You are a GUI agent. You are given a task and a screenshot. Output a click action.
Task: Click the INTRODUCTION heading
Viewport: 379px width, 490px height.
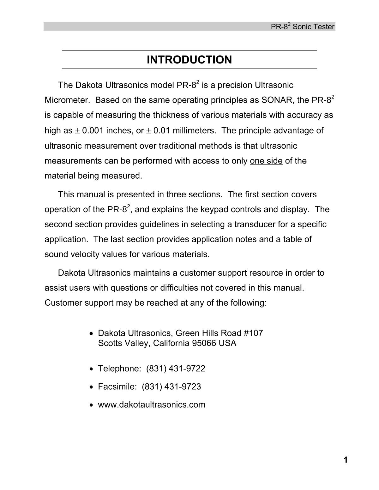[x=189, y=60]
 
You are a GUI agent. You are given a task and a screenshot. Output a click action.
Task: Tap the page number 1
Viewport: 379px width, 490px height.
[x=345, y=460]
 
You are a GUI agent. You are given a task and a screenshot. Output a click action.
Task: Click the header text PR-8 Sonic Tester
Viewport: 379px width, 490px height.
[x=302, y=27]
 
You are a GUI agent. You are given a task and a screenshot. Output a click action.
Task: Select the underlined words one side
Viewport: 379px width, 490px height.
[x=266, y=161]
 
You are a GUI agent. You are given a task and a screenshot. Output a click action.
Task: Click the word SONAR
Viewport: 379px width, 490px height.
[x=277, y=100]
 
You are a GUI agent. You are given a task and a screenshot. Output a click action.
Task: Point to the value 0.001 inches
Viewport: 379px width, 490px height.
[x=104, y=131]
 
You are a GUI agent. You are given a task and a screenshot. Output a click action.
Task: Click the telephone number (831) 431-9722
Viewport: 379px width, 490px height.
[x=176, y=368]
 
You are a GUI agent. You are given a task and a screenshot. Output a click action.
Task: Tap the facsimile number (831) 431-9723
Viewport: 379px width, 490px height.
[x=171, y=386]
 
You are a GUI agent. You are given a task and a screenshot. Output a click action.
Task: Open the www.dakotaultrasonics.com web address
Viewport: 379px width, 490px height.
[x=152, y=404]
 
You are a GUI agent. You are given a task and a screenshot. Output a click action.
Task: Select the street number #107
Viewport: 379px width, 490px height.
[x=253, y=333]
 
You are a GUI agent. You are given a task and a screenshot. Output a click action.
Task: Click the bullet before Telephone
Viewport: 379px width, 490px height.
[x=91, y=369]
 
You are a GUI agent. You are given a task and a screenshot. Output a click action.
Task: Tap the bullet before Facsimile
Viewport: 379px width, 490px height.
[x=91, y=387]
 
